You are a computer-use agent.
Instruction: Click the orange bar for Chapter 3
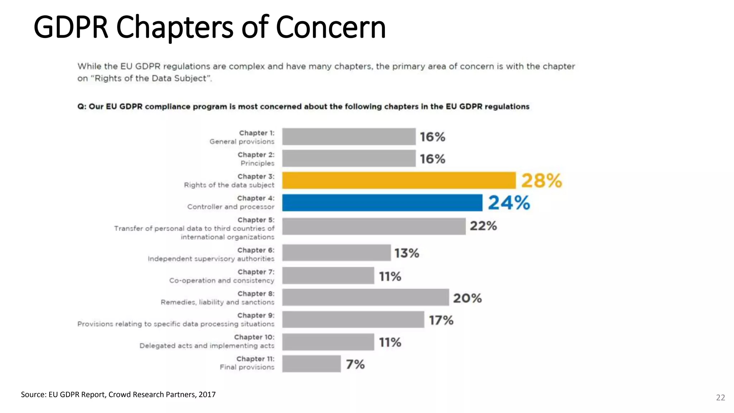399,180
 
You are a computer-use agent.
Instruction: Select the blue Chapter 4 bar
382,203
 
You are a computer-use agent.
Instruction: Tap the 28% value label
541,180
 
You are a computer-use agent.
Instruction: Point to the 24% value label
509,203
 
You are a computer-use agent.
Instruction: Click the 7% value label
355,364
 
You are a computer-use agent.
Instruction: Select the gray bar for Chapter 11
311,364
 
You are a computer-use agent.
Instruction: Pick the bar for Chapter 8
365,298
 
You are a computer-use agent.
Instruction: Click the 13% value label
406,253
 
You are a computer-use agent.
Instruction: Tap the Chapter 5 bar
373,227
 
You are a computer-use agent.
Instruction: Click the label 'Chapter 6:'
256,250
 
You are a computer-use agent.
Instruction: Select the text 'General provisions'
242,142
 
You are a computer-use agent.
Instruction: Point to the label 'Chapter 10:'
254,337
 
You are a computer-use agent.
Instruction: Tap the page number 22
720,397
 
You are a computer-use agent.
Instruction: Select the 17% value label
441,320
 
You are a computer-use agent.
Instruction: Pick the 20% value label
467,298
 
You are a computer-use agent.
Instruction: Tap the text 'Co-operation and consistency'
221,280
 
